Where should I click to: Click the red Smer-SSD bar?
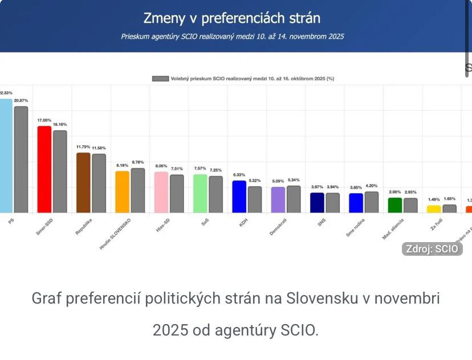44,169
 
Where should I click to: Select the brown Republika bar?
83,182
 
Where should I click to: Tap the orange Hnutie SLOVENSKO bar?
122,191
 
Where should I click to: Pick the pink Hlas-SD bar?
161,192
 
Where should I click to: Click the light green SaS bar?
200,193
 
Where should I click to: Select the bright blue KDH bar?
239,197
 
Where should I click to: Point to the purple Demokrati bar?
278,199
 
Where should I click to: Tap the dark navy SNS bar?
317,202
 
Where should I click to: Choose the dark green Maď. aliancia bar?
395,205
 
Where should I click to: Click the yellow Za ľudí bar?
434,208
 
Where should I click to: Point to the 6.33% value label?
239,175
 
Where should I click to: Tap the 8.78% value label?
138,163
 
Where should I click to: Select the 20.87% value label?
21,101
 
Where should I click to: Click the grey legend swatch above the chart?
160,79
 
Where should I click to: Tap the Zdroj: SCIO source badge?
431,248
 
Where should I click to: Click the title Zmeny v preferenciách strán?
231,18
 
